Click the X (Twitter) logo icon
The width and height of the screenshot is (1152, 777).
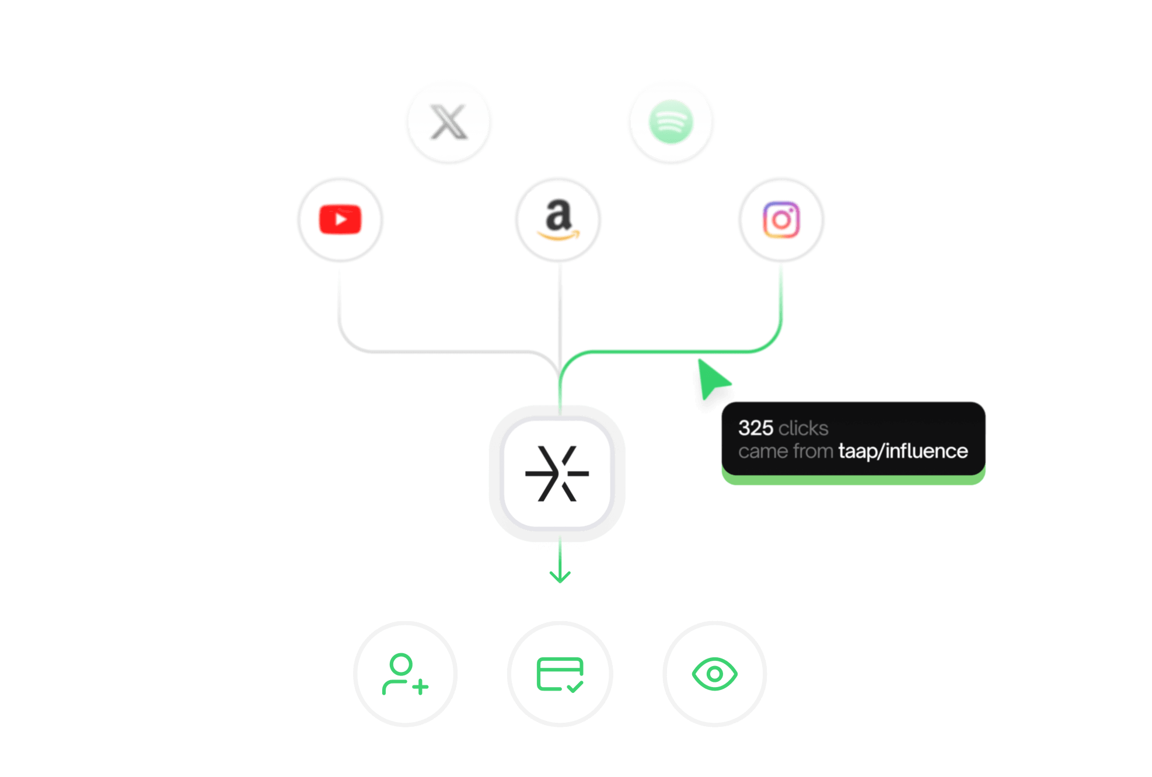click(448, 123)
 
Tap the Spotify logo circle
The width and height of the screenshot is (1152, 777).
click(671, 123)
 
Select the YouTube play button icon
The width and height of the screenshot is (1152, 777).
click(340, 219)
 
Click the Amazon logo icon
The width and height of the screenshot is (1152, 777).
click(558, 219)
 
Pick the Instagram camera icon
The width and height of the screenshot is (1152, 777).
click(781, 219)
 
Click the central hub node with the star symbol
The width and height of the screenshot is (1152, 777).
click(557, 473)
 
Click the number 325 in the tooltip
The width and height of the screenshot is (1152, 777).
click(755, 428)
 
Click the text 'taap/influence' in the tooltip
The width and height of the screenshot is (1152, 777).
click(903, 451)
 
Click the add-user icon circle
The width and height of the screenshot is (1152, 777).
click(406, 674)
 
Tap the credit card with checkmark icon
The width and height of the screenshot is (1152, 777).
click(560, 674)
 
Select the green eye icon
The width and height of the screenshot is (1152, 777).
click(714, 674)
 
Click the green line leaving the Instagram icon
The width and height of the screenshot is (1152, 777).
click(781, 298)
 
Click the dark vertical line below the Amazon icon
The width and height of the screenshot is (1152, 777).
click(560, 309)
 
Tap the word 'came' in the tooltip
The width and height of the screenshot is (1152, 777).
click(757, 451)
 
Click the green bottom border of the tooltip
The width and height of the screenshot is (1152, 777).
click(853, 480)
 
